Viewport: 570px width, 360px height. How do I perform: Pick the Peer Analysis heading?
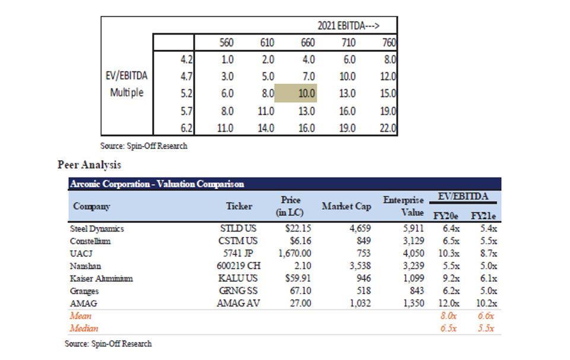pos(88,165)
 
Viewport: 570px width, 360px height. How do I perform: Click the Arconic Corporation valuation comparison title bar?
pos(157,184)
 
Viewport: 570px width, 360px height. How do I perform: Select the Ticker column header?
pos(239,206)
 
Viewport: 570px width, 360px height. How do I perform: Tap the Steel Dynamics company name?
pos(97,229)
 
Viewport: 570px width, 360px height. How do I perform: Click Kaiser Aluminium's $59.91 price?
pos(295,279)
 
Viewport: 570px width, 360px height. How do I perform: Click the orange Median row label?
pos(84,329)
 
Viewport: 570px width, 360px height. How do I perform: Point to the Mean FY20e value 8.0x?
pos(449,316)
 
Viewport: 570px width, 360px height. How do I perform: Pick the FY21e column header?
pos(483,216)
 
